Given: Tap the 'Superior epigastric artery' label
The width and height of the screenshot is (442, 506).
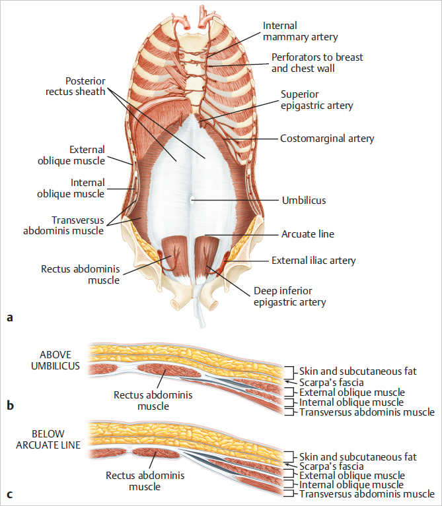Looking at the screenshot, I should click(316, 100).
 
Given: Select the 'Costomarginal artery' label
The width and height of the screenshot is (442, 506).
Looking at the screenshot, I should click(327, 139).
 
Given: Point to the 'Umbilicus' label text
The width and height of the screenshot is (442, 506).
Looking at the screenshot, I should click(303, 200).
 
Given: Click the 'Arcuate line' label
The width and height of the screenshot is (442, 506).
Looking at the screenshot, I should click(308, 234).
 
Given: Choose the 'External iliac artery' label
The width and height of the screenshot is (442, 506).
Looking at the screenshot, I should click(313, 261).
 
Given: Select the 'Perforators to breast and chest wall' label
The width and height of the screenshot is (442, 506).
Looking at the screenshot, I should click(317, 63).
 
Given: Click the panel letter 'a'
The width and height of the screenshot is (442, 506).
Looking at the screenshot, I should click(9, 318).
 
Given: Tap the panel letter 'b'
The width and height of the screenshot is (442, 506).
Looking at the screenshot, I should click(10, 405).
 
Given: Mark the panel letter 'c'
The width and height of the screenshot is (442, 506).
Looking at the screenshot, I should click(9, 493).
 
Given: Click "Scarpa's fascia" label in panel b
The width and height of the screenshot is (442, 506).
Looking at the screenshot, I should click(330, 381).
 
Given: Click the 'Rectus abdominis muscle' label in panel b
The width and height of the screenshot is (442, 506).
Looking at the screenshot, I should click(144, 400).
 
